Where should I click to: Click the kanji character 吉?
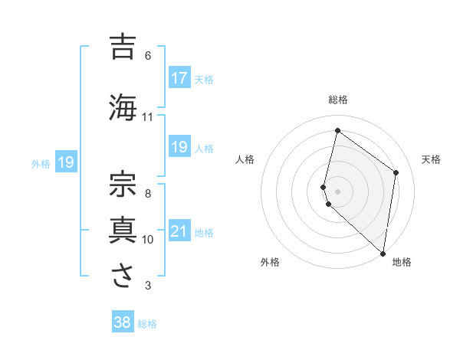123,47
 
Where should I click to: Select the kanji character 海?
123,106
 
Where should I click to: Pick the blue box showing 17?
179,77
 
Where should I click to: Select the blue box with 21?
179,232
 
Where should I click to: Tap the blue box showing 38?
123,322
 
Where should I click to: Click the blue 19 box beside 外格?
65,162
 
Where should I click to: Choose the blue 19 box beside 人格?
179,147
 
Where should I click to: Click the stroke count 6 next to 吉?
148,56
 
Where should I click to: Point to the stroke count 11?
148,117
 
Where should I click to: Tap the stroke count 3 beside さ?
148,286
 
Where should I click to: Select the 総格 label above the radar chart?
338,100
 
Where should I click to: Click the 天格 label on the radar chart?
431,159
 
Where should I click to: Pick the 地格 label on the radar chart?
402,263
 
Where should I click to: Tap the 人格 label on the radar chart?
245,159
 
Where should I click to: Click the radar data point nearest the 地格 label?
383,253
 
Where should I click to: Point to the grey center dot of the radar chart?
337,191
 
